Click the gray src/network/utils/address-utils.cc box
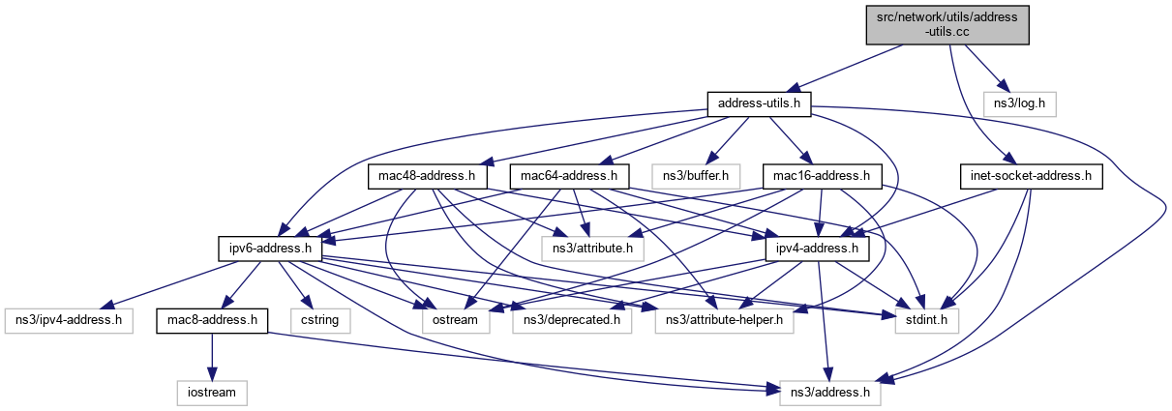point(946,24)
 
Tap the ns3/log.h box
point(1020,102)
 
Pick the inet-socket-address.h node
point(1031,176)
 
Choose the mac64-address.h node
point(569,176)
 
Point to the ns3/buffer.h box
point(696,176)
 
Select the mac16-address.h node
point(822,176)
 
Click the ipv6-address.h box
point(269,250)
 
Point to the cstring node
point(318,319)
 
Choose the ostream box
point(447,319)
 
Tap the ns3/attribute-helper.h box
point(724,319)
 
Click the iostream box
point(212,393)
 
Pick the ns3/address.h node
point(826,393)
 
